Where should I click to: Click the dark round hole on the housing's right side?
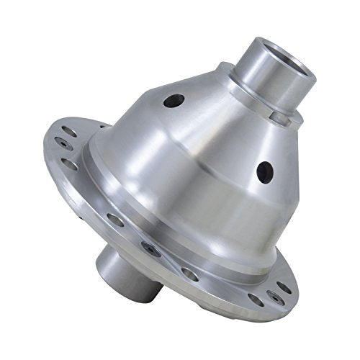[265, 171]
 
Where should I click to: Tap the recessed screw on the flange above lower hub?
[148, 248]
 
